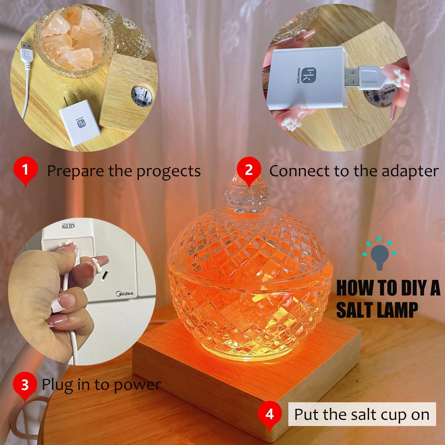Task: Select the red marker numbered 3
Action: [25, 385]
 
